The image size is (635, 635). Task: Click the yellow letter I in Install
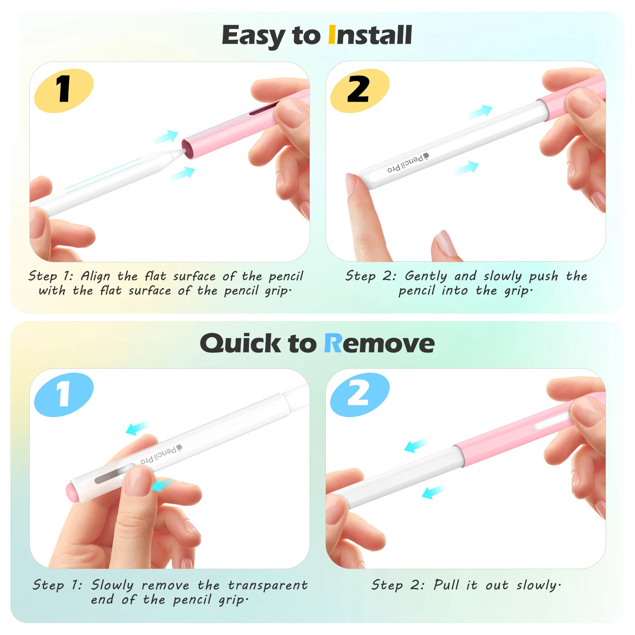click(332, 35)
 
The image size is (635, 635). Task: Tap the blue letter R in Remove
click(333, 343)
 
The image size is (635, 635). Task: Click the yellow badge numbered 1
click(63, 90)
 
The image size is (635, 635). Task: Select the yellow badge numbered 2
click(360, 90)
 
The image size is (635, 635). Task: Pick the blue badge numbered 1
click(63, 395)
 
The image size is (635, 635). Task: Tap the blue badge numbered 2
click(360, 395)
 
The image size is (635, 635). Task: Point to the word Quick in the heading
click(240, 343)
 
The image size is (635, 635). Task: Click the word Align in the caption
click(95, 277)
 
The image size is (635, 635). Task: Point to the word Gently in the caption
click(426, 277)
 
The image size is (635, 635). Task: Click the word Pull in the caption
click(446, 585)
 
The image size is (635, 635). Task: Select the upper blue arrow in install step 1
click(165, 137)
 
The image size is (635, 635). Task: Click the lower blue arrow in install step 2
click(466, 168)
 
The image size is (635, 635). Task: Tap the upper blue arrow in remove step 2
click(416, 446)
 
